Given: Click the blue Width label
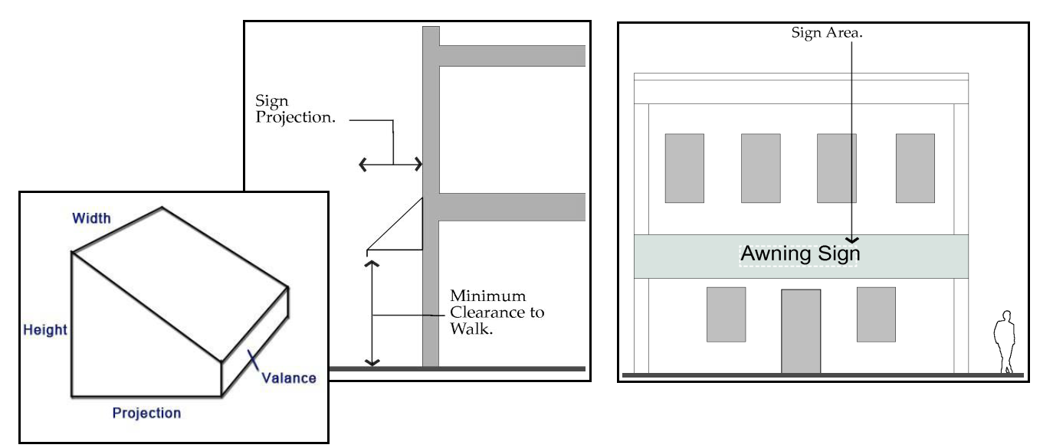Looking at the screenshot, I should point(91,219).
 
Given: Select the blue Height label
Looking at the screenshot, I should point(45,331).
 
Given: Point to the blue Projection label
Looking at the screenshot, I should point(146,414).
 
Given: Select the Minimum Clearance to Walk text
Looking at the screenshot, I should point(497,313).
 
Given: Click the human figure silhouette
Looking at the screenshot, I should point(1003,342).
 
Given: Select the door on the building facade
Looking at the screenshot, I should point(800,331).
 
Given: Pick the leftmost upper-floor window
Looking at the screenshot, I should point(684,168).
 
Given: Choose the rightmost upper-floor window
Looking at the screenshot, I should point(915,168).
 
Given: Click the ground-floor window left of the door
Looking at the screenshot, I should point(726,314).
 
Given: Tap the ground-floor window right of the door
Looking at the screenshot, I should point(876,314).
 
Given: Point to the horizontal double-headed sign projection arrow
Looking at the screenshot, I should point(390,163).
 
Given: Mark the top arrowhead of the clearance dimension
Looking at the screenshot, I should point(372,264).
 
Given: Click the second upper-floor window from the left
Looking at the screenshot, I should point(760,168).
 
